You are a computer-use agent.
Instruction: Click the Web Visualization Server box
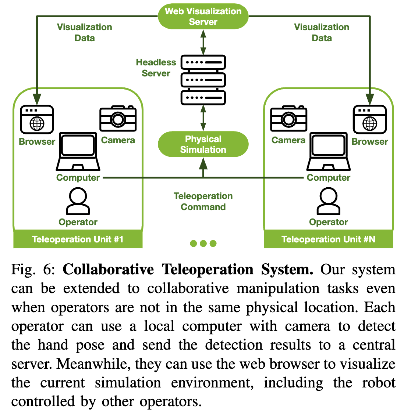point(203,17)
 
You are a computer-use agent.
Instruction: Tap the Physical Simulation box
point(203,144)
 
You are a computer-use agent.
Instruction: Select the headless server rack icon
point(203,80)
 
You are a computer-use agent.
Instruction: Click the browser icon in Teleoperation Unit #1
point(37,120)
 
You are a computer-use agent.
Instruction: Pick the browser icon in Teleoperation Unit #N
point(370,120)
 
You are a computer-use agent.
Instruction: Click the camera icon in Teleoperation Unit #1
point(118,118)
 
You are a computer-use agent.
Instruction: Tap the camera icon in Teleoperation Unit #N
point(289,118)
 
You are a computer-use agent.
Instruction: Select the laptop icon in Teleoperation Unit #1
point(78,151)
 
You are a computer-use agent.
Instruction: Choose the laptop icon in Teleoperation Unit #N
point(329,151)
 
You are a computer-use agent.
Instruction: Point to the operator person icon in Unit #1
point(78,201)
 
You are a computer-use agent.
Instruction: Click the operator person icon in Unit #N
point(329,201)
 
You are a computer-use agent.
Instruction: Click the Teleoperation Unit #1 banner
point(78,239)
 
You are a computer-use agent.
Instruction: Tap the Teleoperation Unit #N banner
point(329,239)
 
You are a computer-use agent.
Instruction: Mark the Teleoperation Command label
point(203,201)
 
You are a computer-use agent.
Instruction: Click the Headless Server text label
point(156,68)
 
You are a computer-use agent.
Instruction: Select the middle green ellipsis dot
point(203,243)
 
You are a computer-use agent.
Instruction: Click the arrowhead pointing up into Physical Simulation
point(203,164)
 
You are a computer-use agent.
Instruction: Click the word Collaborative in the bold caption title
point(108,270)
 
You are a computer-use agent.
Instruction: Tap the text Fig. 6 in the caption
point(33,270)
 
